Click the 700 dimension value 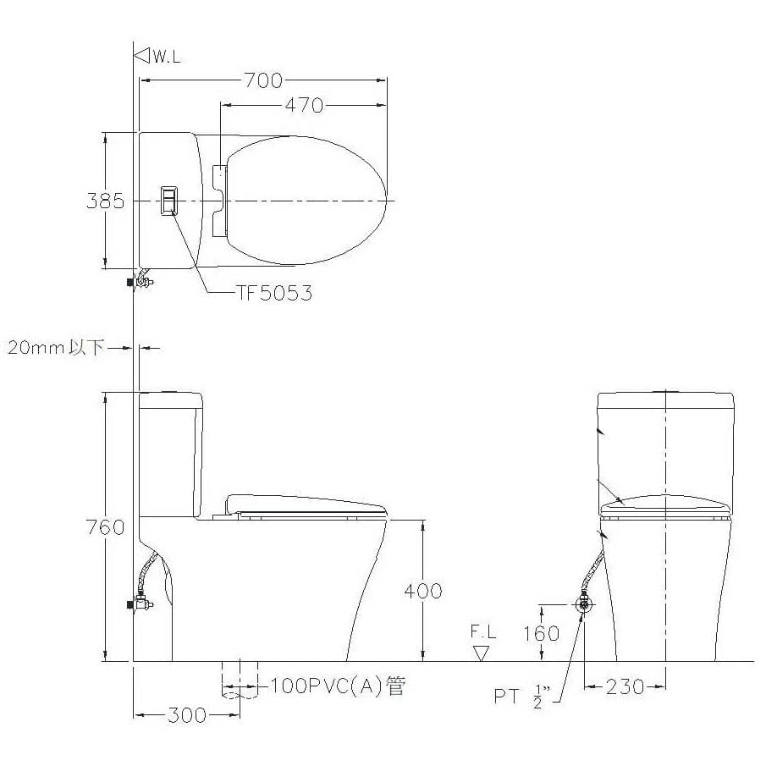(x=263, y=80)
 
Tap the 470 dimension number (x=304, y=105)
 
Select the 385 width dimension (x=106, y=201)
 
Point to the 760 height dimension (x=106, y=527)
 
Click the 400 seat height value (x=423, y=591)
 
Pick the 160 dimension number (x=542, y=633)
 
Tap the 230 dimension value (x=625, y=687)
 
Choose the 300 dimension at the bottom (x=187, y=715)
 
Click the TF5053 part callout (x=274, y=293)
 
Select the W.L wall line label (x=167, y=57)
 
